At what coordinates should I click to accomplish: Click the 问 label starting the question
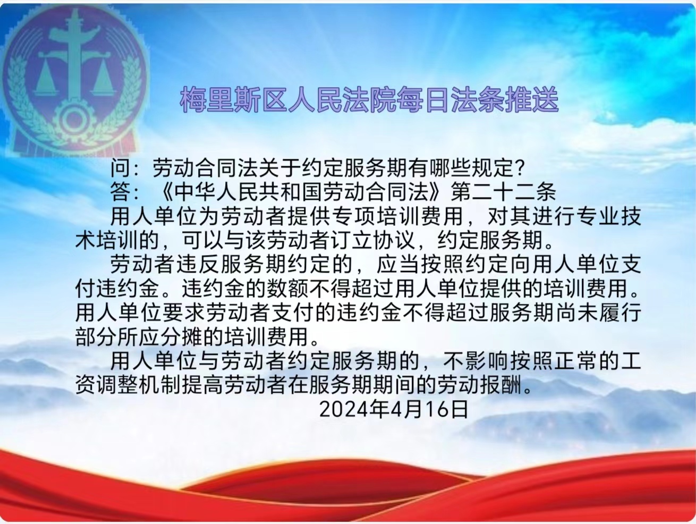121,167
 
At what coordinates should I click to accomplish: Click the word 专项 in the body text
354,217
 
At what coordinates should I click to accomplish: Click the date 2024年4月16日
394,410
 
